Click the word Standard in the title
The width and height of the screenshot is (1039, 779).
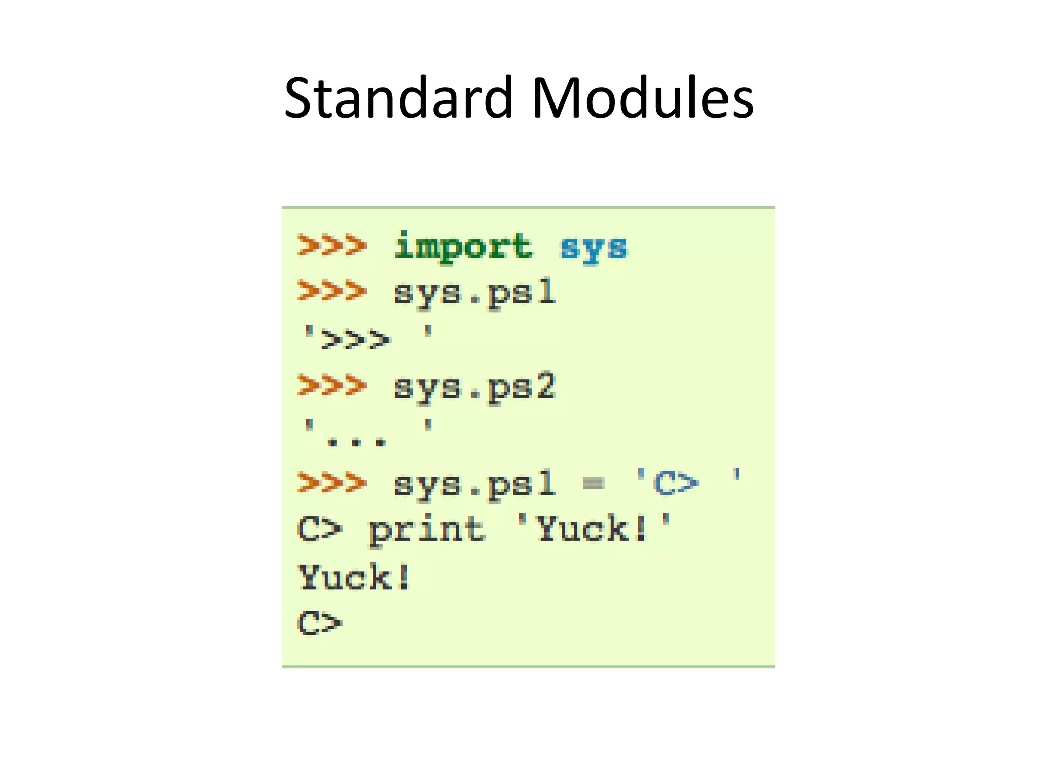point(398,97)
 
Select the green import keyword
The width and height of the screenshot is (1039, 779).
point(463,247)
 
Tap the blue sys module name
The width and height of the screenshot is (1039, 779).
point(594,248)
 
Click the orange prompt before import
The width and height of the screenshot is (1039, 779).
point(332,245)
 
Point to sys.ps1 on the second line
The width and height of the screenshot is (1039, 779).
point(474,294)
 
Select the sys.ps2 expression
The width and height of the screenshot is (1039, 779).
point(474,388)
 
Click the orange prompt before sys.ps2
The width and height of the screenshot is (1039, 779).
point(332,385)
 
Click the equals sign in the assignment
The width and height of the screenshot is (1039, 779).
point(593,483)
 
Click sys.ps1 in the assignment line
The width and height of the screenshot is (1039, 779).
point(474,484)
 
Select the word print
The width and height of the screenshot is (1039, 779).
point(427,530)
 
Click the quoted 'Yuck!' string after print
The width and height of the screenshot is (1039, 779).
point(594,528)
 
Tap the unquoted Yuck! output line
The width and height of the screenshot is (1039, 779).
point(355,577)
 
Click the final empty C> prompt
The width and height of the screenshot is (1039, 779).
point(320,623)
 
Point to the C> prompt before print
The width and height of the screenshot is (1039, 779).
point(320,529)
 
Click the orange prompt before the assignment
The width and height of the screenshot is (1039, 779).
point(332,482)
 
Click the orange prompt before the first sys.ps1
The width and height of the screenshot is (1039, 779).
point(332,291)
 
